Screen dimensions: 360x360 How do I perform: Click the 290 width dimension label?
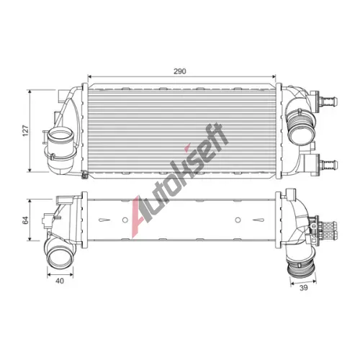180,71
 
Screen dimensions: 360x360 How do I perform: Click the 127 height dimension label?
25,130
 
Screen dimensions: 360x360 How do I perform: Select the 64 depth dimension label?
25,220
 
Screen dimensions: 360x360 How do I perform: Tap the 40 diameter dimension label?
60,281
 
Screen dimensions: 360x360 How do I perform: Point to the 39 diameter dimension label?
304,287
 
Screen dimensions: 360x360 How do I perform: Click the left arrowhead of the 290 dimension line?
90,76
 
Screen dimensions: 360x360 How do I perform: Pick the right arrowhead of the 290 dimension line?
274,76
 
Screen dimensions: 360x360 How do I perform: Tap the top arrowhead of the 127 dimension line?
30,92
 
